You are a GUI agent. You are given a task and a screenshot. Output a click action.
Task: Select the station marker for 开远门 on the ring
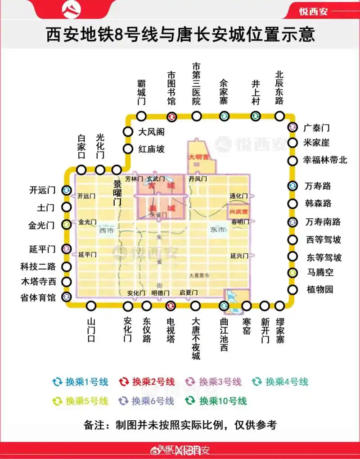coord(66,190)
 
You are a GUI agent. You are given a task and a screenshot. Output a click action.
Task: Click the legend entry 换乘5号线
coord(81,400)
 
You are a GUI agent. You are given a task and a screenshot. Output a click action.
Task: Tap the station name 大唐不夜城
coord(195,339)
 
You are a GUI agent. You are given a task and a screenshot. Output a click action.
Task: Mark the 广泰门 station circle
coord(292,128)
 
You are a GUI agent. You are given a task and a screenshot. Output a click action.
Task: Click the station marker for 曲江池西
coord(224,306)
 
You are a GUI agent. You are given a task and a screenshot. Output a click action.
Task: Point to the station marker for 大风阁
coord(128,132)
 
